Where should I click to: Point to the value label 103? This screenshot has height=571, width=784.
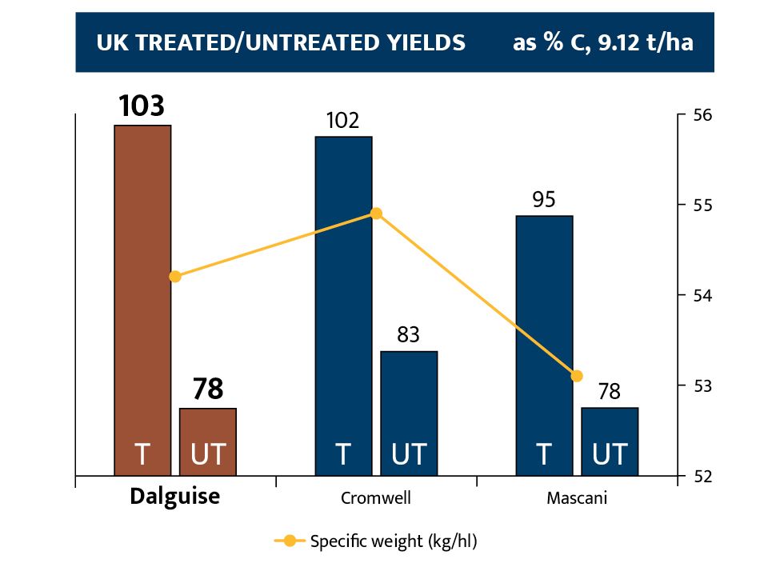tap(142, 106)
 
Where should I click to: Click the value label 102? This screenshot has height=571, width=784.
tap(343, 120)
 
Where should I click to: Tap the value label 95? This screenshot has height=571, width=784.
tap(544, 199)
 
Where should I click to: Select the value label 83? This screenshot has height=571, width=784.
tap(409, 334)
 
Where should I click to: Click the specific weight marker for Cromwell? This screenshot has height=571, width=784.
tap(377, 214)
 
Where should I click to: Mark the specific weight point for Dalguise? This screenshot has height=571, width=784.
tap(175, 277)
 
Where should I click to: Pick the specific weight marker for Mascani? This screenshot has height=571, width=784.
tap(577, 376)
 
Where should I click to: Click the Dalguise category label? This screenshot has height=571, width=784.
tap(174, 497)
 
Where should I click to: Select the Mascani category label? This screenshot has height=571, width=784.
tap(577, 498)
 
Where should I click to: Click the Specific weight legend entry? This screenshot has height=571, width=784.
tap(376, 541)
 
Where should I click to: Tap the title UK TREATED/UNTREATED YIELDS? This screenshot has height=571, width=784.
tap(281, 42)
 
